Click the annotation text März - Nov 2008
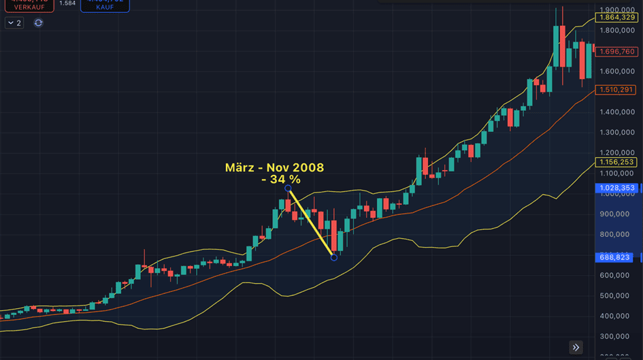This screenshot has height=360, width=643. click(274, 167)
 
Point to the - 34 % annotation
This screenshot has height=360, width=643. click(280, 180)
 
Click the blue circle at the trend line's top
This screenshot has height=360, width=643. click(288, 188)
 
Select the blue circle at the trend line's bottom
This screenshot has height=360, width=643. click(333, 257)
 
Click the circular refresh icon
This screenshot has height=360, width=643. click(38, 22)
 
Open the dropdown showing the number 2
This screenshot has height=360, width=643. click(14, 22)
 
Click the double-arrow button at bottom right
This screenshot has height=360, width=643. click(576, 348)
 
